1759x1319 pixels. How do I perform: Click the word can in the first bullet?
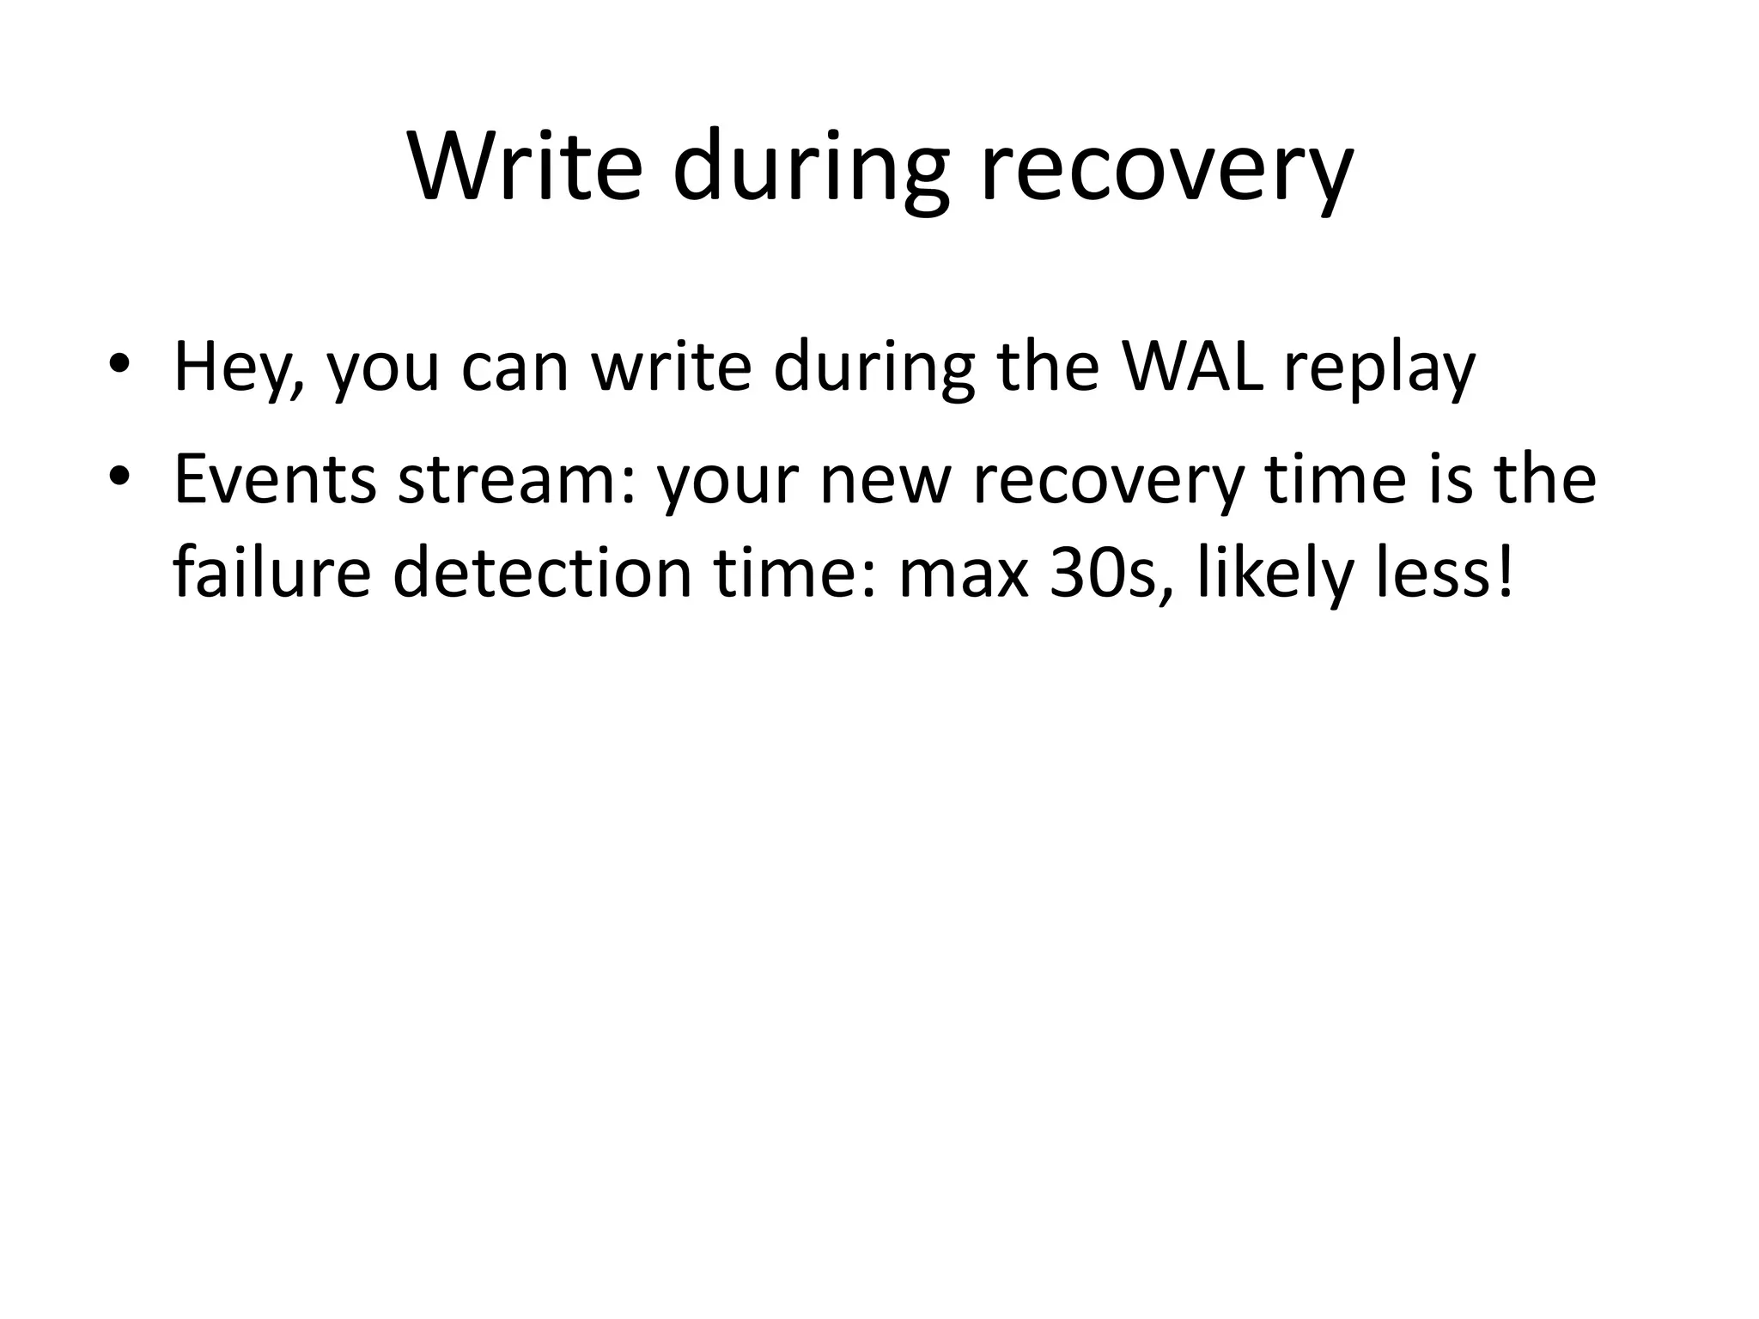[x=515, y=368]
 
